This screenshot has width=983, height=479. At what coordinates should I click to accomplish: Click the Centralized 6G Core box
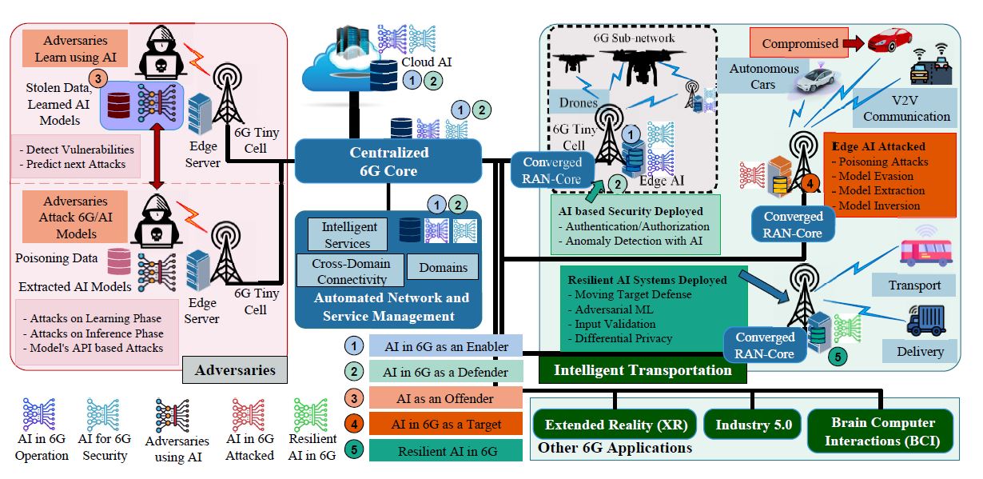pos(388,162)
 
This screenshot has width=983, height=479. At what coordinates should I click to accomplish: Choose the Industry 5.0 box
pos(753,425)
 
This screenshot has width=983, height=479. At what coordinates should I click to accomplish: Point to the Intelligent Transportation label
pos(643,370)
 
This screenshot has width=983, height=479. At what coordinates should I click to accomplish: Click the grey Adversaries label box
pos(235,370)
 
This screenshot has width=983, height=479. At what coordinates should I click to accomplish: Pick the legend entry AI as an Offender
pos(446,398)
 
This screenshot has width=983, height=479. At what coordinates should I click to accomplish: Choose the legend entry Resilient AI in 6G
pos(446,451)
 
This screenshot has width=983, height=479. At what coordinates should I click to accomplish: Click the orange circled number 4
pos(810,185)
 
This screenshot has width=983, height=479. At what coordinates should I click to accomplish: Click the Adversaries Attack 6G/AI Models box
pos(76,216)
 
